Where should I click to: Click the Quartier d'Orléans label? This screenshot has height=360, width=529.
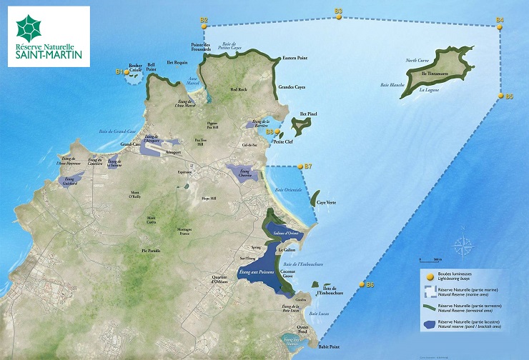click(214, 280)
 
